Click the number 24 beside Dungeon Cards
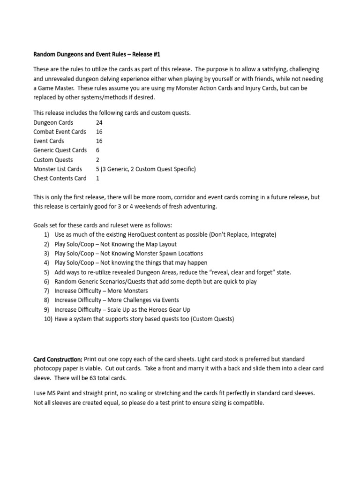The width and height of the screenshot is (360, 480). coord(99,122)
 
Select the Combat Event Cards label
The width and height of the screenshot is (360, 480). coord(60,132)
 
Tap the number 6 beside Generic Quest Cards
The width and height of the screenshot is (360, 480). coord(97,150)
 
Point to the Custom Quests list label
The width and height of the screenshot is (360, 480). coord(53,159)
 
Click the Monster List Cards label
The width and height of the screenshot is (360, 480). coord(58,169)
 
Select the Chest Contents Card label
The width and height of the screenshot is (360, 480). coord(60,178)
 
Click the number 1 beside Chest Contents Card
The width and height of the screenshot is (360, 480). coord(97,178)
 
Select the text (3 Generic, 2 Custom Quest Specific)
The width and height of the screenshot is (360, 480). coord(145,169)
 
